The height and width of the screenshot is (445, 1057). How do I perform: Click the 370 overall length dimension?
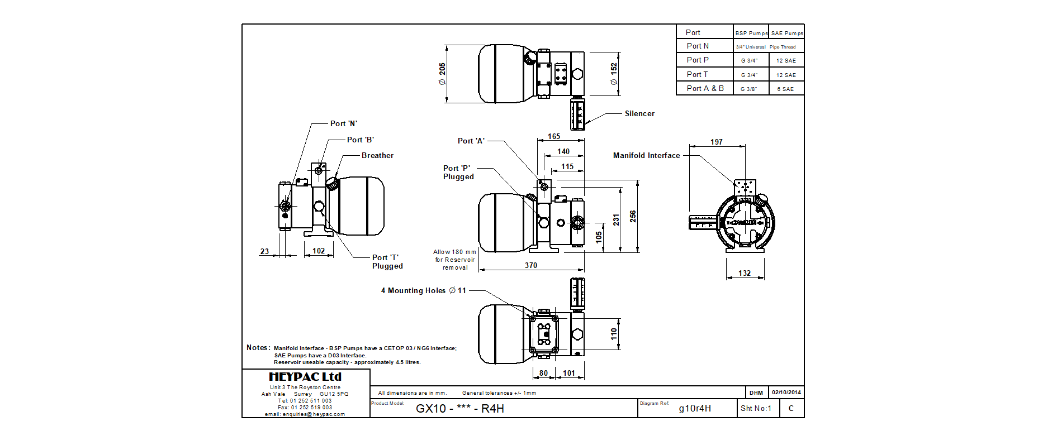point(531,266)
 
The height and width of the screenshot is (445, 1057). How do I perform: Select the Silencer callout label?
point(639,114)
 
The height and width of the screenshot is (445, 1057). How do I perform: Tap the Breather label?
point(377,156)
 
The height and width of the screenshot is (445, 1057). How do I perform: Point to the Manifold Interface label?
point(646,156)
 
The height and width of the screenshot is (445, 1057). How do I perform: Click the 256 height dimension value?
point(633,216)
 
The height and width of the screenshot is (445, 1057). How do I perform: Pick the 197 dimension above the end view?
point(717,142)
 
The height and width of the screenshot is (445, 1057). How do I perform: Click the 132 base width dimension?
point(745,273)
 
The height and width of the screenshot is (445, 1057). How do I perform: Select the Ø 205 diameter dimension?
point(442,74)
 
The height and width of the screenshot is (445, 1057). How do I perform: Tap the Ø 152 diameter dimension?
point(614,74)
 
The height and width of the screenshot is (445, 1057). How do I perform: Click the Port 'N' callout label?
point(343,124)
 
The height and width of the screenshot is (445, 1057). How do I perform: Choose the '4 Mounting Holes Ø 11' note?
point(423,291)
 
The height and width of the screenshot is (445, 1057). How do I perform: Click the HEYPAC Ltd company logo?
point(305,377)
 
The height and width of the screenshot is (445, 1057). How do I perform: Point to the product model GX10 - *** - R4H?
point(459,409)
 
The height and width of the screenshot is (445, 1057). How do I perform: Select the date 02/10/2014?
point(786,393)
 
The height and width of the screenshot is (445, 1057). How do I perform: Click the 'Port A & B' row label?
point(705,89)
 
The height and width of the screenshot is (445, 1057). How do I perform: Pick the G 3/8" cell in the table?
point(749,89)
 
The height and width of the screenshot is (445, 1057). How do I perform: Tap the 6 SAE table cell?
point(785,89)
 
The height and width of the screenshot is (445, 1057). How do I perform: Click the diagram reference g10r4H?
point(695,409)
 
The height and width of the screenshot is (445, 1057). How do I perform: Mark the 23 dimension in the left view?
point(265,251)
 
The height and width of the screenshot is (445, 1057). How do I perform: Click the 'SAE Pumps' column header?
point(787,34)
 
